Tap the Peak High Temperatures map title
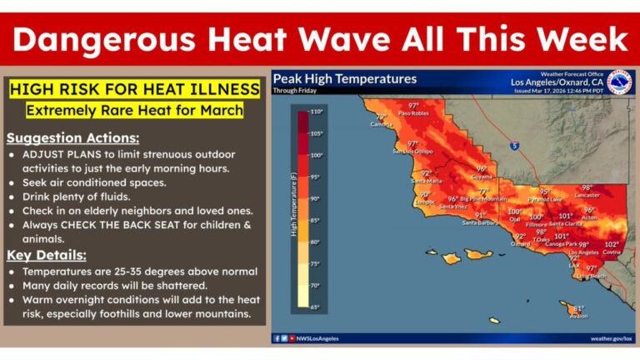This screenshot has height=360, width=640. point(345,79)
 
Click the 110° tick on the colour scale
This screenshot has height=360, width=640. point(316,111)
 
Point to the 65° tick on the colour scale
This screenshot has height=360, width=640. point(316,307)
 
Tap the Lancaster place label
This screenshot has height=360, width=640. point(587,195)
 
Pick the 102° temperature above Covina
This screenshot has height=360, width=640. point(612,244)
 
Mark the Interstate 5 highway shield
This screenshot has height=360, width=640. point(515,145)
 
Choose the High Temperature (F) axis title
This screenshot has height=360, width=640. point(294,208)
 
